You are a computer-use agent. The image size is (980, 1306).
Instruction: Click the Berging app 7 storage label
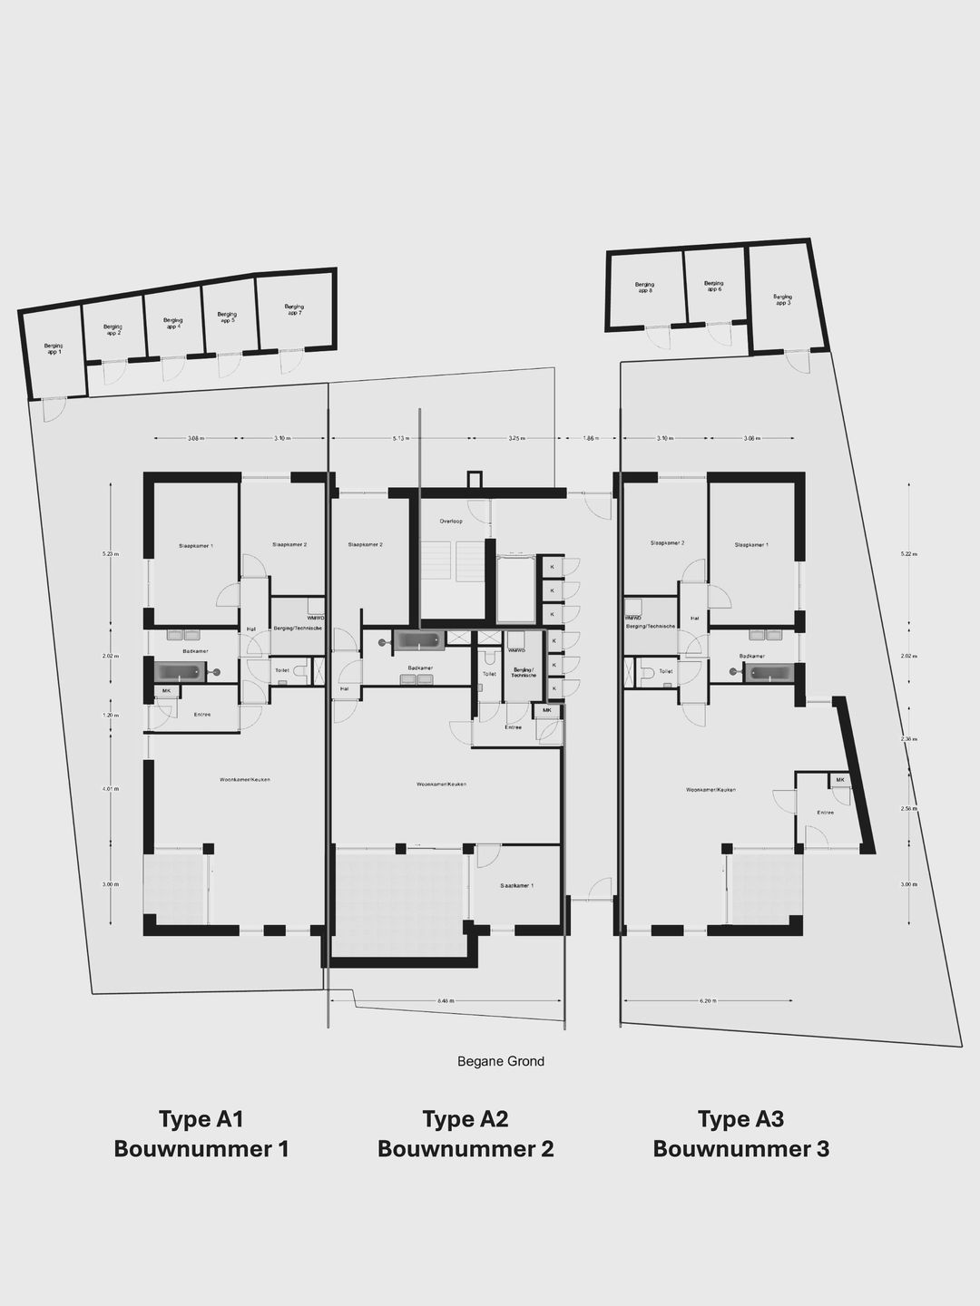point(293,310)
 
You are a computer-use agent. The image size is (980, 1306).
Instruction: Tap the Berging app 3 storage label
point(782,299)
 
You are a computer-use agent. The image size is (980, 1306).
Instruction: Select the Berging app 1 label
point(54,348)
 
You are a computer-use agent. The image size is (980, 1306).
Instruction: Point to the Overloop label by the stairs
point(451,521)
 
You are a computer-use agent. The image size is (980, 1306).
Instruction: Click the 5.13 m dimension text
point(401,438)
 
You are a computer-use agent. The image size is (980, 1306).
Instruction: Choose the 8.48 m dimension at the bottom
point(445,1001)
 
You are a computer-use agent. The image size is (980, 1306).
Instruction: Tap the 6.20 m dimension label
point(709,1001)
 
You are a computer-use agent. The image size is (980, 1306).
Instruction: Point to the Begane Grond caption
point(501,1061)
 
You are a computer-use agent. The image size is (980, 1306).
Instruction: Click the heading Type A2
point(465,1119)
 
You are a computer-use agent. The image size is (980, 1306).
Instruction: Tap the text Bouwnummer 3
point(740,1149)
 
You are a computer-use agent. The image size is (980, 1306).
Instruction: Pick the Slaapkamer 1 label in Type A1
point(196,546)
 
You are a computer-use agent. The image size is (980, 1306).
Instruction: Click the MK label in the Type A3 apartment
point(840,780)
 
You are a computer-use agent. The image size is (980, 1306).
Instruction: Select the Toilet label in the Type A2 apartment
point(489,674)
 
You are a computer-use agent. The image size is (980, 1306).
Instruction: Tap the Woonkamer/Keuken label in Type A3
point(710,790)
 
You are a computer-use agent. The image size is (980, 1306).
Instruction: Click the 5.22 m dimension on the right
point(909,553)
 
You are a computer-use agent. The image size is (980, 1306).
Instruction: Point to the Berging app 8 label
point(644,288)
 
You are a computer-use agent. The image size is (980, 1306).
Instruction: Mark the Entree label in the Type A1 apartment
point(201,715)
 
